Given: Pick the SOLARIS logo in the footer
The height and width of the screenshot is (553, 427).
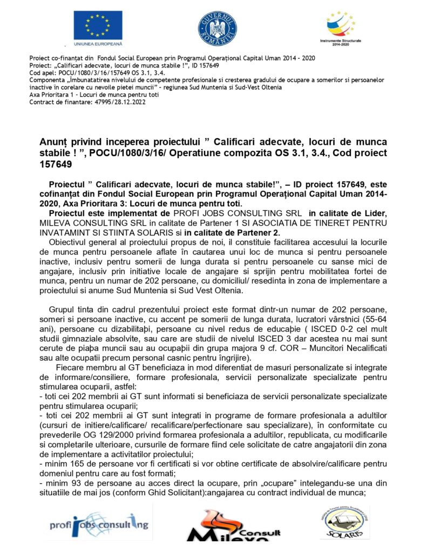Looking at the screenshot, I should tap(344, 523).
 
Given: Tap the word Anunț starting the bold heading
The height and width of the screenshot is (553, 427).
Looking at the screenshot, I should tap(53, 142).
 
